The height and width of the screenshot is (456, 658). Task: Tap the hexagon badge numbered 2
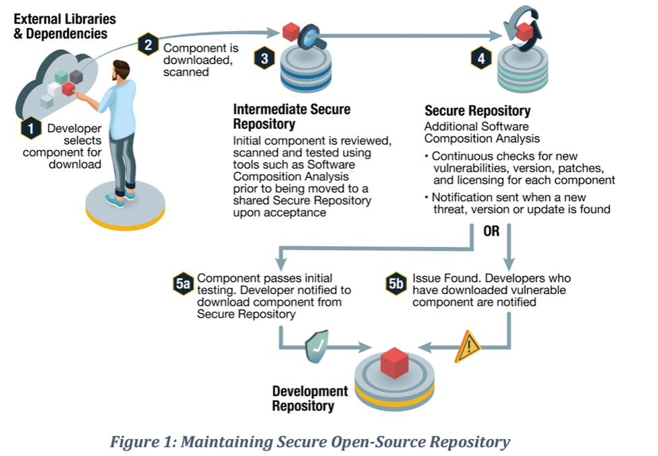[148, 45]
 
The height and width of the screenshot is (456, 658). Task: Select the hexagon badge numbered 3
[264, 59]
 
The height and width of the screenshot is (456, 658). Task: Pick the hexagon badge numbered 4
[480, 59]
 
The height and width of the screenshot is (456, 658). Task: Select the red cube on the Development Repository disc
[393, 362]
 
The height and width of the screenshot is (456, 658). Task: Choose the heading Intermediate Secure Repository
[292, 116]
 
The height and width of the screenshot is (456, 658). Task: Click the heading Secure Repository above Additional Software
[477, 111]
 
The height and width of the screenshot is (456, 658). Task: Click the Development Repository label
[310, 398]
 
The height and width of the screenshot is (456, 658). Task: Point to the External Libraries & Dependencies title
[65, 25]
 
